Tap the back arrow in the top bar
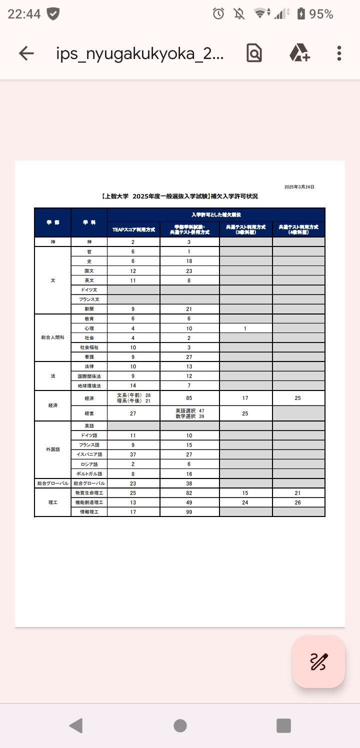pyautogui.click(x=26, y=53)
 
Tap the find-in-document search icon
pyautogui.click(x=254, y=53)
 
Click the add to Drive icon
pyautogui.click(x=299, y=53)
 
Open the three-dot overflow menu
pyautogui.click(x=339, y=53)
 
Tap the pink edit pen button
pyautogui.click(x=318, y=661)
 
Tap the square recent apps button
pyautogui.click(x=283, y=725)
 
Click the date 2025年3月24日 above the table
pyautogui.click(x=299, y=187)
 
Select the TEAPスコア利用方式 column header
pyautogui.click(x=133, y=229)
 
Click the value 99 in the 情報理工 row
pyautogui.click(x=189, y=512)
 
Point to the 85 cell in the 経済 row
pyautogui.click(x=189, y=398)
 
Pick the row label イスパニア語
pyautogui.click(x=89, y=454)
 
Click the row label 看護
pyautogui.click(x=89, y=357)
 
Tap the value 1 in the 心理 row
pyautogui.click(x=245, y=328)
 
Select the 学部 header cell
pyautogui.click(x=52, y=222)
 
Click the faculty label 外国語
pyautogui.click(x=52, y=449)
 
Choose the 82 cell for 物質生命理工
pyautogui.click(x=189, y=493)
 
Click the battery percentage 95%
pyautogui.click(x=321, y=14)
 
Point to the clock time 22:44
pyautogui.click(x=24, y=14)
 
